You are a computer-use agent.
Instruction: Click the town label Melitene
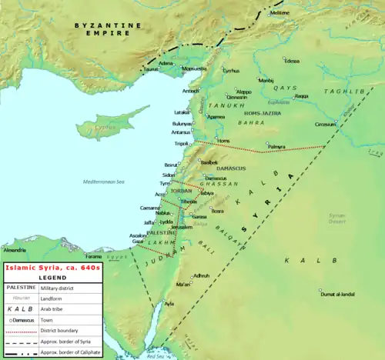point(280,13)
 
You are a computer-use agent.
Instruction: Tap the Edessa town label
point(292,60)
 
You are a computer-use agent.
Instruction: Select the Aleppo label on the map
point(243,91)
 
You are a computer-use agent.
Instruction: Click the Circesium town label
point(326,123)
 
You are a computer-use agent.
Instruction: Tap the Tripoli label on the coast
point(180,144)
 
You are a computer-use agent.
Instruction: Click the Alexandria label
point(14,250)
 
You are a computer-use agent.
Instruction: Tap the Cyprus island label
point(92,126)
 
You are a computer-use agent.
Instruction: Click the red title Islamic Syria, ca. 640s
point(51,268)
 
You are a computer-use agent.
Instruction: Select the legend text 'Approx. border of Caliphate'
point(72,350)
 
